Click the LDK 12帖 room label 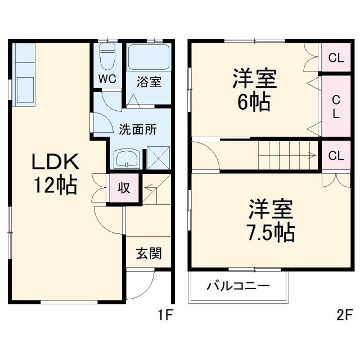click(x=55, y=173)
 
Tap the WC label click(x=107, y=79)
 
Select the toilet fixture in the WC click(x=107, y=56)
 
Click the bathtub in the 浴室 click(x=149, y=57)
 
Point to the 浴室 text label click(x=149, y=82)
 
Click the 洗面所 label click(x=137, y=129)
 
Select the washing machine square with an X click(x=157, y=157)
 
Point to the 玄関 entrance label click(x=148, y=254)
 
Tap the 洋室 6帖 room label click(x=255, y=90)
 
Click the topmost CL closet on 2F click(x=336, y=57)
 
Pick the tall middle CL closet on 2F click(x=336, y=105)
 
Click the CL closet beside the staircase click(x=336, y=155)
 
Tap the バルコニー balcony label click(x=238, y=286)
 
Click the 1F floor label click(x=164, y=316)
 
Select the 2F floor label click(x=344, y=316)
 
